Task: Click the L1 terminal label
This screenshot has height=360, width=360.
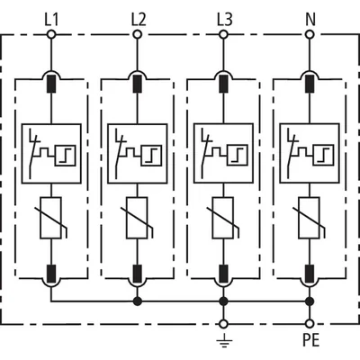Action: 51,20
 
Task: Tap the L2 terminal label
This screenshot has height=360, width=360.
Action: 139,20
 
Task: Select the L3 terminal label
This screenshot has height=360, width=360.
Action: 225,20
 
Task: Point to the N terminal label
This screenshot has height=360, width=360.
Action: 310,20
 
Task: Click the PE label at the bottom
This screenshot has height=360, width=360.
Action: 310,340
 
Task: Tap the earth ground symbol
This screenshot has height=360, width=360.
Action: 224,341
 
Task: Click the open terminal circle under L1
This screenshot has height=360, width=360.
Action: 51,34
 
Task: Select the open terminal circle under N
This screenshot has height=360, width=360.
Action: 310,34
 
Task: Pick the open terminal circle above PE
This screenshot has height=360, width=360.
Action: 310,324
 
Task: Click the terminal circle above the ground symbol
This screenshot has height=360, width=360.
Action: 223,324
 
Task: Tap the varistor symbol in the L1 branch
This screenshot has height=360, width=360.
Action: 51,218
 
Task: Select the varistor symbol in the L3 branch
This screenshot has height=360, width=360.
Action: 223,218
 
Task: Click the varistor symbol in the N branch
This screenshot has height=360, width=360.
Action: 310,218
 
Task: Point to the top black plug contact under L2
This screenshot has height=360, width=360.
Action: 138,84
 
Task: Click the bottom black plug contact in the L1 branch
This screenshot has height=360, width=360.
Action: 51,274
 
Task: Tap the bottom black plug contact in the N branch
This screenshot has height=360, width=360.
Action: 310,274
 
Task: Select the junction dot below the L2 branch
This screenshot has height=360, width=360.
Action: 138,301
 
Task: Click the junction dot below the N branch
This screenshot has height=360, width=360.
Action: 310,301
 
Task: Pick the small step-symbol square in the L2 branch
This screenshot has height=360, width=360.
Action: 152,155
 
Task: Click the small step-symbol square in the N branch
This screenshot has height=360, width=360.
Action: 324,155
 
